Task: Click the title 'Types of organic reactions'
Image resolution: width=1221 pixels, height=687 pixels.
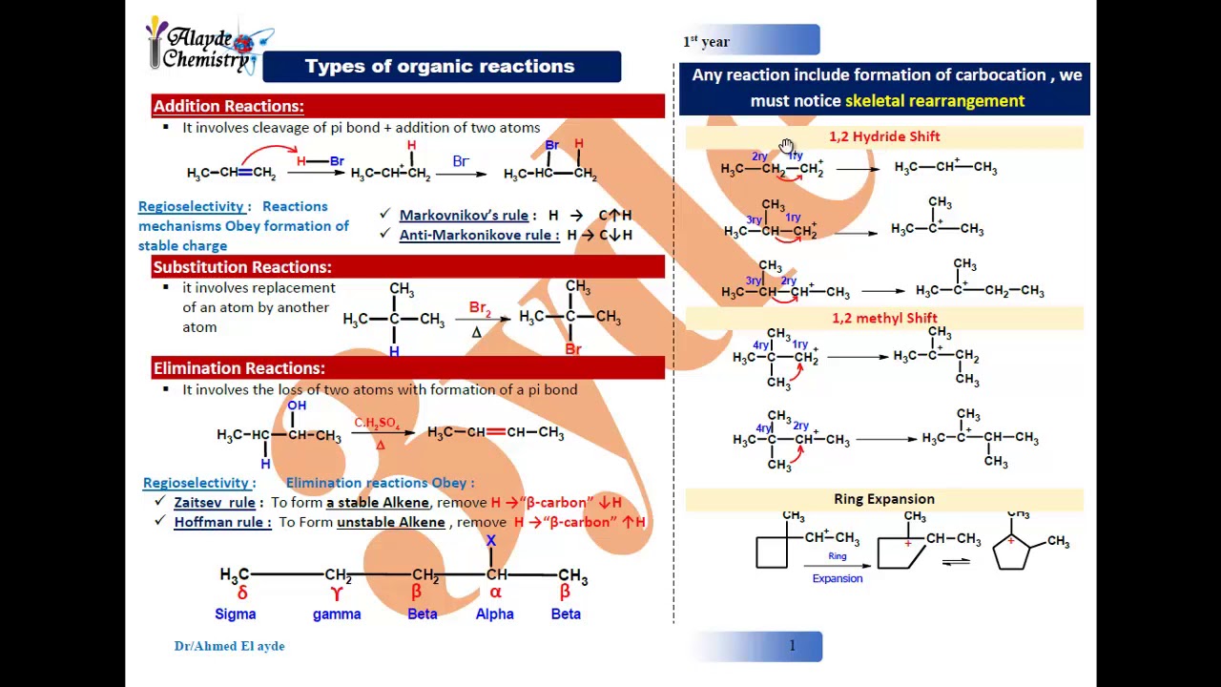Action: pos(440,67)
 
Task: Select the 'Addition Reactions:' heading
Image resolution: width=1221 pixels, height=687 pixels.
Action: pos(229,106)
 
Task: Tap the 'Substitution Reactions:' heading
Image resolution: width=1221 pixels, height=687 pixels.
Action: pos(242,267)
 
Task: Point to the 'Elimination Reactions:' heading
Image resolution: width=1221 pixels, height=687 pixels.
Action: pos(239,368)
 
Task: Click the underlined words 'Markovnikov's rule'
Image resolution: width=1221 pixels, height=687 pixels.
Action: pos(464,216)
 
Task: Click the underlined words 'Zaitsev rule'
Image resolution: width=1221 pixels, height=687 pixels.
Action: pos(215,503)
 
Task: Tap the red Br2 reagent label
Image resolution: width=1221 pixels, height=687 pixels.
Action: pos(480,309)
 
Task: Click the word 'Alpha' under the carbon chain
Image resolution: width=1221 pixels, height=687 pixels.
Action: pos(494,614)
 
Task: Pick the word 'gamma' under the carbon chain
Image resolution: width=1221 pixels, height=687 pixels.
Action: pos(337,614)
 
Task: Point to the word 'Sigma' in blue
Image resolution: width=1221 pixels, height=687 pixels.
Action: pos(236,614)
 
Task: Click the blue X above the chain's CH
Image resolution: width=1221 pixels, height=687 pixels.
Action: pos(491,541)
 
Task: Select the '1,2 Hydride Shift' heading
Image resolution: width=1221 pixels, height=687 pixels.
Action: pos(884,136)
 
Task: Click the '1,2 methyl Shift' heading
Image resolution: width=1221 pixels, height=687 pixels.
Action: pos(884,318)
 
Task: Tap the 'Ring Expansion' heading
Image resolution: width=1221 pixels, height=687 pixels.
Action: pos(884,499)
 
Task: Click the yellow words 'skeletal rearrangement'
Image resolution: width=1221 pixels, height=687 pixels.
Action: pos(935,101)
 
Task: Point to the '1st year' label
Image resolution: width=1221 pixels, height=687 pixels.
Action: pos(706,42)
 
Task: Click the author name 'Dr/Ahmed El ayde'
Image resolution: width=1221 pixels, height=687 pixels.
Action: pos(229,646)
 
